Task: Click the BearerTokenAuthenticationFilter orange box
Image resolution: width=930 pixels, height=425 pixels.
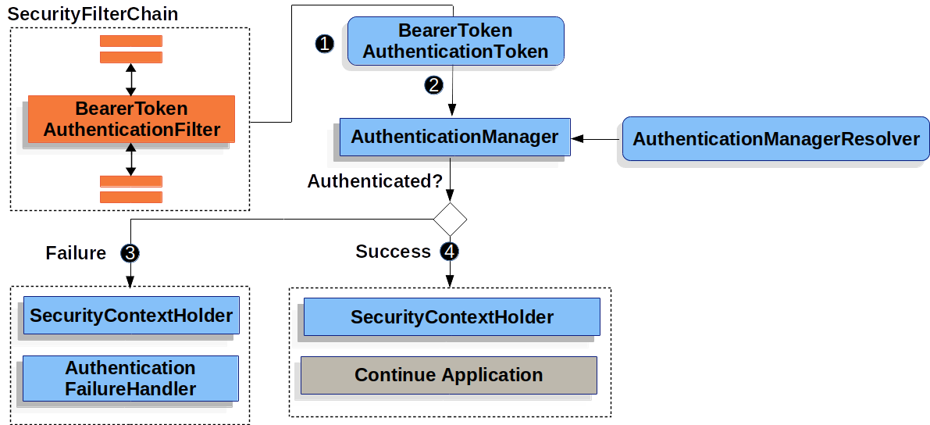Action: [x=131, y=120]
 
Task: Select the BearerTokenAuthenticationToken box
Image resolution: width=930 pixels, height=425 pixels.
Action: [x=455, y=41]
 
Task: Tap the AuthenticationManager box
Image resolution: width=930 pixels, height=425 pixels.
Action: [x=454, y=137]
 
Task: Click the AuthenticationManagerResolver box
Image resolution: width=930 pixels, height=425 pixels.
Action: [x=775, y=139]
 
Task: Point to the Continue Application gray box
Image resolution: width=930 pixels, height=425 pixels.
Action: [x=449, y=375]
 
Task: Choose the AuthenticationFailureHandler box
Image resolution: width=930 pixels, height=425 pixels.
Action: [x=130, y=378]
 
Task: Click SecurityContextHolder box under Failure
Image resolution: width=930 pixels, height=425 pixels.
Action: [x=130, y=316]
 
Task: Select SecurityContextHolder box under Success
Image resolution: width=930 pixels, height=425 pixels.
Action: [x=451, y=317]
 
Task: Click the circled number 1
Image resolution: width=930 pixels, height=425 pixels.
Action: [x=325, y=44]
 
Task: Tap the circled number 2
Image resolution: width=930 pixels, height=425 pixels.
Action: [x=434, y=84]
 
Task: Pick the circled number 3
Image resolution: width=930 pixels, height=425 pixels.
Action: [x=130, y=253]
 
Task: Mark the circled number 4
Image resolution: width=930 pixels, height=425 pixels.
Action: [x=450, y=252]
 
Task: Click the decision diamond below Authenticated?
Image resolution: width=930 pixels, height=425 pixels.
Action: [x=450, y=220]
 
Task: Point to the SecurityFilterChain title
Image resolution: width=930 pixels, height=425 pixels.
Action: [x=93, y=14]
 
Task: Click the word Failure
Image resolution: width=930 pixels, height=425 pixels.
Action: [x=76, y=253]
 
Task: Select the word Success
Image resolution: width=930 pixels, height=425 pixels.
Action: [x=393, y=252]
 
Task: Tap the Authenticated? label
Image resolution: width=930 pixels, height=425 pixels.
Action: [x=375, y=181]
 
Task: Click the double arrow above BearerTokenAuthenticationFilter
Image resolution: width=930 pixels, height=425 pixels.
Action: [x=130, y=79]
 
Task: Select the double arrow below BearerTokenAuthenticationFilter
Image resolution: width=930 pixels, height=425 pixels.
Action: [x=130, y=159]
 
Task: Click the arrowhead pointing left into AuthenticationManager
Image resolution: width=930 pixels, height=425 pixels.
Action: [x=578, y=138]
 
